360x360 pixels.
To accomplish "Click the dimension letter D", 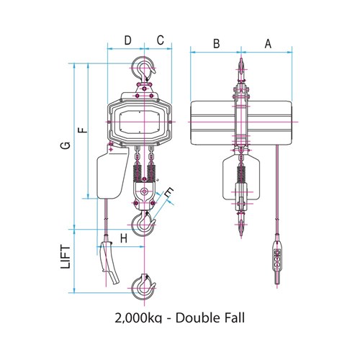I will pos(127,40).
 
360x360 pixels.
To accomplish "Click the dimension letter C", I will pos(160,40).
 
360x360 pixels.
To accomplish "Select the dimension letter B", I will pos(215,44).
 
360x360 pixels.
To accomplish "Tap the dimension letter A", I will pos(268,44).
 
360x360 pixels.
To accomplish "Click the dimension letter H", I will pos(123,238).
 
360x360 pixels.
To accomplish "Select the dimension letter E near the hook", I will pos(169,194).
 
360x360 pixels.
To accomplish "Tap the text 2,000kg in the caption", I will pos(140,317).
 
